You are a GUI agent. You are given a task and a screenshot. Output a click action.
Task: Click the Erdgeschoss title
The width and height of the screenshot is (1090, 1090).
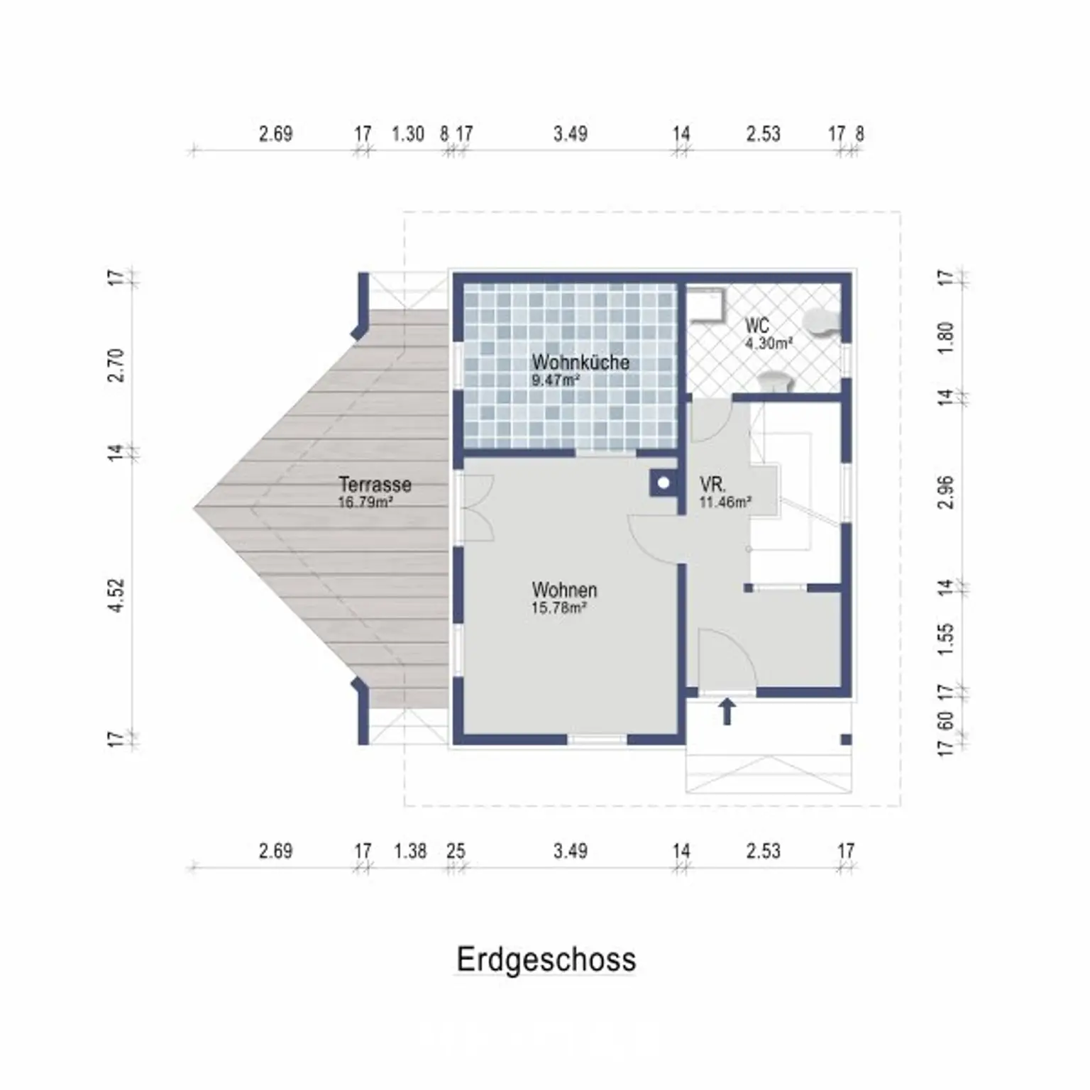point(546,959)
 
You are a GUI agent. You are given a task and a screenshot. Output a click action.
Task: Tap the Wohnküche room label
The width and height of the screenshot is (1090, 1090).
point(580,362)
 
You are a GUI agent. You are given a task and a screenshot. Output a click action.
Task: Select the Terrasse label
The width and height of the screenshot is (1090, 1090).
point(375,484)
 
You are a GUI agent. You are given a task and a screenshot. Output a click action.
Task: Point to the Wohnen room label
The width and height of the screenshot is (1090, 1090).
point(564,590)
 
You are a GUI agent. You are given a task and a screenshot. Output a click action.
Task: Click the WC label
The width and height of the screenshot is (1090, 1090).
point(756,326)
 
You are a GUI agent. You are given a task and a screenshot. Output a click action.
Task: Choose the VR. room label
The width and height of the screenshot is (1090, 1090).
point(712,485)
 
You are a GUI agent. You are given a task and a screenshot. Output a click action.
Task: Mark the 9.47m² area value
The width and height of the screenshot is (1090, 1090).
point(556,380)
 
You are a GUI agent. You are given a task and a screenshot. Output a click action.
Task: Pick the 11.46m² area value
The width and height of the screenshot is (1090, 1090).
point(725,502)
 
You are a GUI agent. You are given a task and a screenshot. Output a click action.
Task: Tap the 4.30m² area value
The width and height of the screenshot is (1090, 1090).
point(769,343)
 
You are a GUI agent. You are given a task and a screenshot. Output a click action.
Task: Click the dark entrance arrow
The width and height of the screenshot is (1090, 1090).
point(727,711)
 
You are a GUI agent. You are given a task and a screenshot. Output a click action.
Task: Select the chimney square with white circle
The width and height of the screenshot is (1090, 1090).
point(663,483)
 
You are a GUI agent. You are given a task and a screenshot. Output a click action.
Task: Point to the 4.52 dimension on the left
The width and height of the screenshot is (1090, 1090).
point(116,596)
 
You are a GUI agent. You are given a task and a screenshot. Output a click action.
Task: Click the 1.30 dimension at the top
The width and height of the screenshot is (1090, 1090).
point(408,133)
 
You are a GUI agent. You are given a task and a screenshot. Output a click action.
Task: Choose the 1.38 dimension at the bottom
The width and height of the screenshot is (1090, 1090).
point(410,850)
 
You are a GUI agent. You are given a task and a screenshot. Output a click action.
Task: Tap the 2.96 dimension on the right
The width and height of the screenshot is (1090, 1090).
point(946,492)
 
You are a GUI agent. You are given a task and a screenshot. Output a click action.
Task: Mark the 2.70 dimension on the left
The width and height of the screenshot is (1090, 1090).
point(116,365)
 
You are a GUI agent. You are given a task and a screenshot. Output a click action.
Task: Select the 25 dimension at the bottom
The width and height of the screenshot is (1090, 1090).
point(456,850)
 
